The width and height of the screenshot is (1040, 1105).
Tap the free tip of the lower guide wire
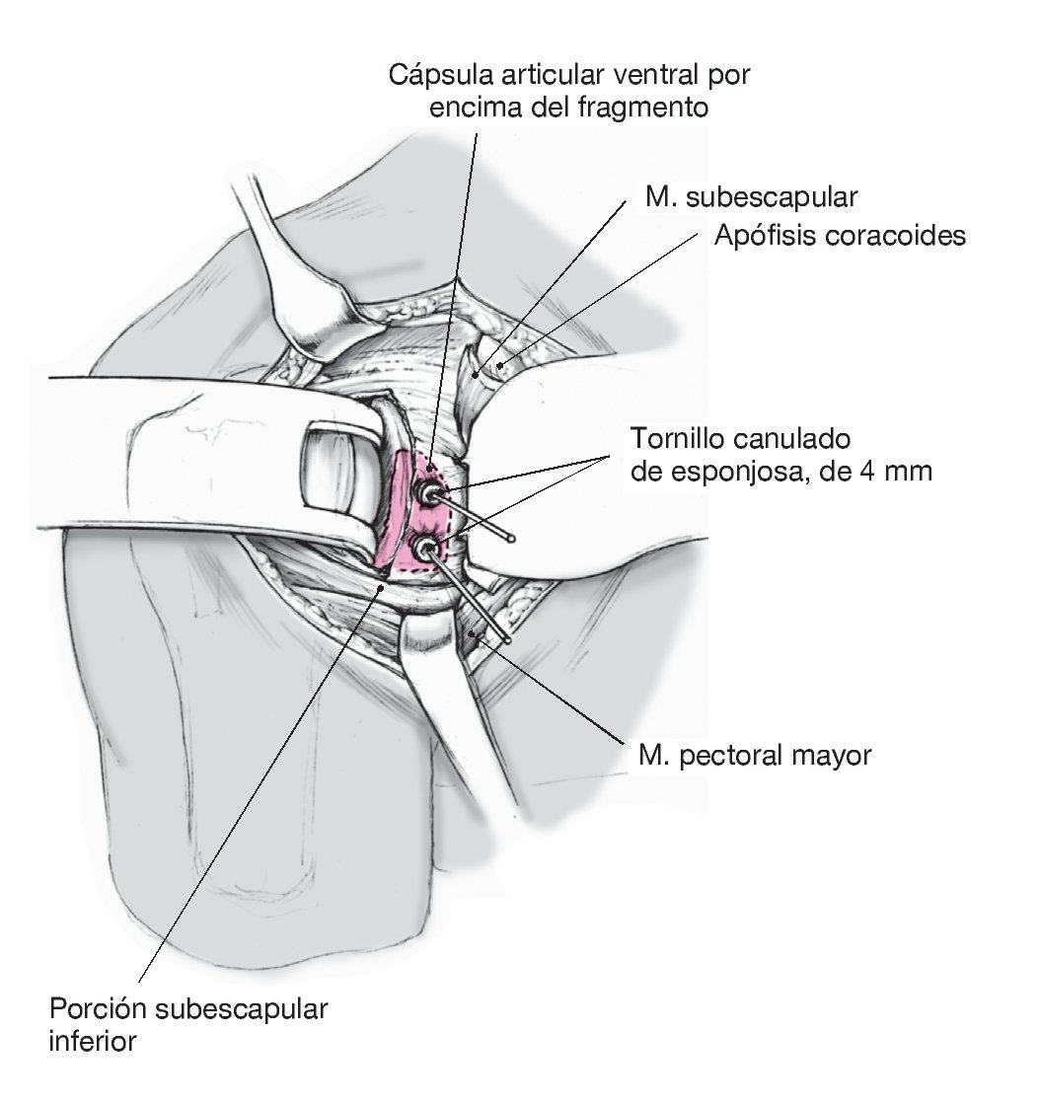tap(507, 641)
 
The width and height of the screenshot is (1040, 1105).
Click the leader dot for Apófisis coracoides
tap(500, 365)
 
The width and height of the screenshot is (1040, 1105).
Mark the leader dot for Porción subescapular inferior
tap(384, 586)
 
